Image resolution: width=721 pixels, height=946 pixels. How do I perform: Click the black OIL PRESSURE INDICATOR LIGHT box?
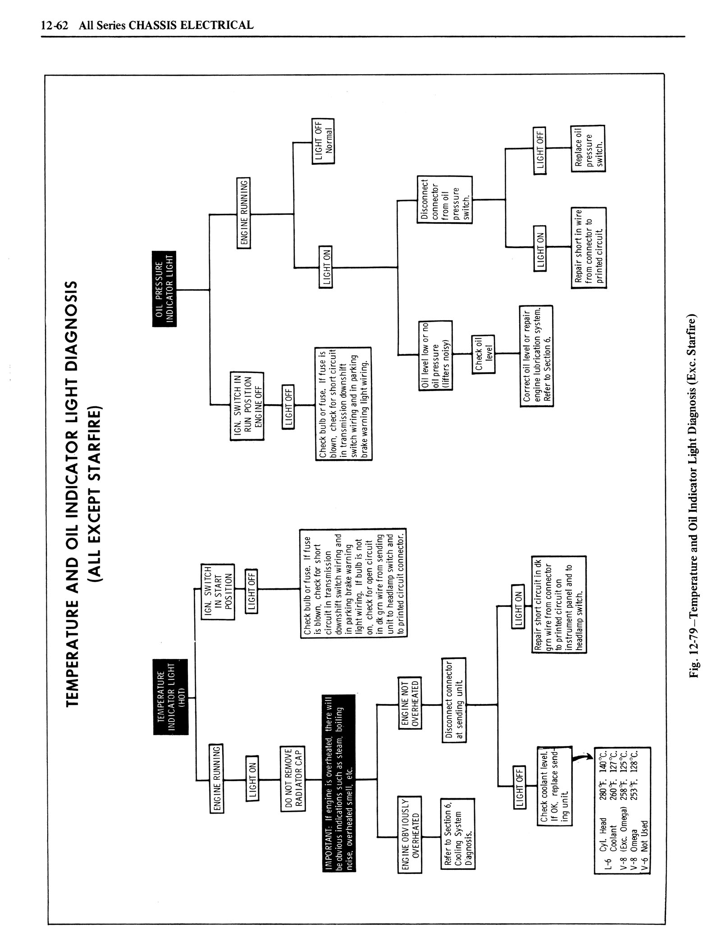click(164, 288)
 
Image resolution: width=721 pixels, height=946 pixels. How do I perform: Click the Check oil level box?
click(483, 354)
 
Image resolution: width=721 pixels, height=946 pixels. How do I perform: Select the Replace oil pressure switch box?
click(588, 148)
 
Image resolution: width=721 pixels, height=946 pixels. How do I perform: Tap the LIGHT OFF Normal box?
click(323, 142)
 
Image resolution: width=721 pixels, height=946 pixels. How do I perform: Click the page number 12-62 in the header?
click(54, 25)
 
